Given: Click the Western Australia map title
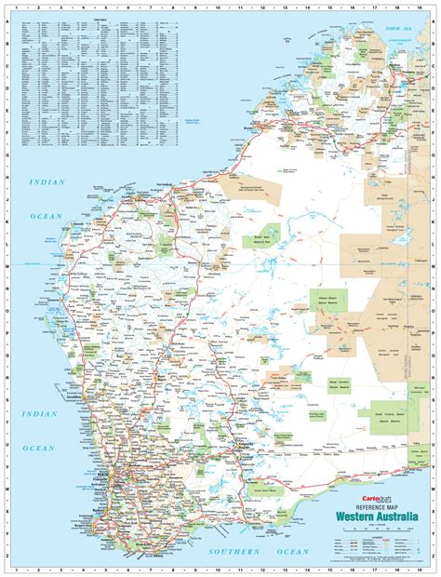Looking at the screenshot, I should (x=370, y=517).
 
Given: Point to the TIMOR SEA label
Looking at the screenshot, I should (x=397, y=30).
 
